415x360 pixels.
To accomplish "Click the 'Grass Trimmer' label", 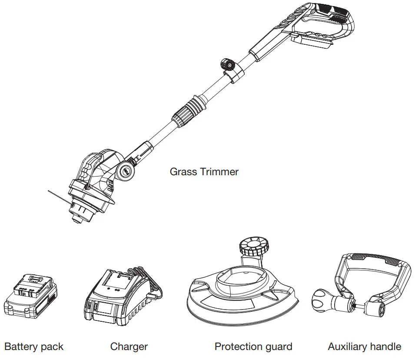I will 204,172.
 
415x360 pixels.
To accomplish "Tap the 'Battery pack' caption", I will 33,347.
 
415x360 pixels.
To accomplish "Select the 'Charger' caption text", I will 129,347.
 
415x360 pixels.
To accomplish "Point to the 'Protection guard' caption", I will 253,347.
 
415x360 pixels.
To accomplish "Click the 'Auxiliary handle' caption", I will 364,347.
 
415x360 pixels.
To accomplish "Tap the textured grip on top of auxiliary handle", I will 378,259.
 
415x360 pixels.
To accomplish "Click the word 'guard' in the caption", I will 278,347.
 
